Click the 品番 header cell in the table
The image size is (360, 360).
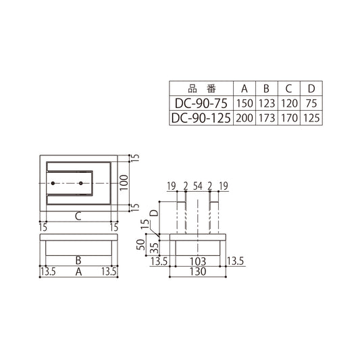point(201,88)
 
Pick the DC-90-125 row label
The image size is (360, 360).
point(201,118)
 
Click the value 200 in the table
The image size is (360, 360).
point(245,118)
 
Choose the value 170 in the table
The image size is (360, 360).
point(288,118)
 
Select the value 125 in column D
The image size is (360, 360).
point(311,118)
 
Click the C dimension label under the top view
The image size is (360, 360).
point(78,216)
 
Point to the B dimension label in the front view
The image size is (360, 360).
point(78,259)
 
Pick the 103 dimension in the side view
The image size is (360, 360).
point(197,260)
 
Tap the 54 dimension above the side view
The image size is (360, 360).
point(197,185)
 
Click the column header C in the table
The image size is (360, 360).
point(288,88)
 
